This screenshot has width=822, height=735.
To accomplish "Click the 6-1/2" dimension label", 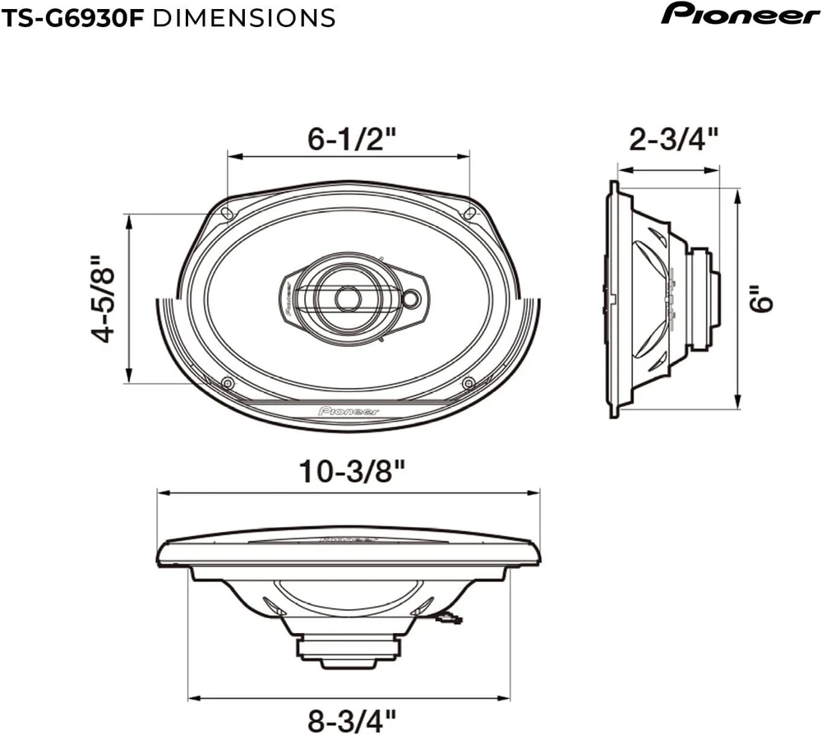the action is coord(352,139).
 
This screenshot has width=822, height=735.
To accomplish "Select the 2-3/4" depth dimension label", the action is coord(673,140).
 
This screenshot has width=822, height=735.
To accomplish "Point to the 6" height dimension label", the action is coord(760,298).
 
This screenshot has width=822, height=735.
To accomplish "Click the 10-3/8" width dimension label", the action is coord(353,471).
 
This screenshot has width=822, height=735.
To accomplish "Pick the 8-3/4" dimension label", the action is coord(352,720).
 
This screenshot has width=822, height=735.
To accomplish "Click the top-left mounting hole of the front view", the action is coord(227,213).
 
